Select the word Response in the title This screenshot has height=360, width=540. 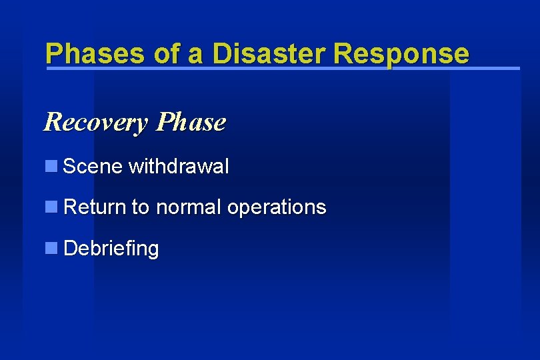402,53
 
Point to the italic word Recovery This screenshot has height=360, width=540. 96,123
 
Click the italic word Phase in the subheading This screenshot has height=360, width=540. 191,123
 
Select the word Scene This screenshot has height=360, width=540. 93,166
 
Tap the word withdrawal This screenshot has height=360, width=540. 179,166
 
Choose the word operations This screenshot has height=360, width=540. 276,208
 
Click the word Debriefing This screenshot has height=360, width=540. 111,249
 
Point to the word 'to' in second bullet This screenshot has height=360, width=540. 140,207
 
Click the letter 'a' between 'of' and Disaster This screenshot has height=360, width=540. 195,55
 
